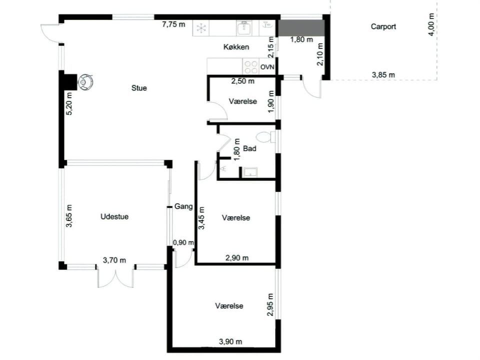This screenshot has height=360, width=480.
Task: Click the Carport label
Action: click(383, 26)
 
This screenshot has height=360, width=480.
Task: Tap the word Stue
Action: click(139, 88)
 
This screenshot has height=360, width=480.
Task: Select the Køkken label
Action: click(236, 47)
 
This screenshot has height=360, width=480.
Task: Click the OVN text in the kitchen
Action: click(267, 66)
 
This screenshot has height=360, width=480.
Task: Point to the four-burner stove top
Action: click(250, 66)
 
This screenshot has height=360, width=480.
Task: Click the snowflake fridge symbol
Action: click(201, 28)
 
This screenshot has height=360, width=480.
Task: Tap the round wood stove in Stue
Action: click(85, 81)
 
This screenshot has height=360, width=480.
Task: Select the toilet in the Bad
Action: click(265, 137)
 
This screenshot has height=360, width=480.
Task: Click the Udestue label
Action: click(114, 216)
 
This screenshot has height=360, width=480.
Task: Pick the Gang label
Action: click(183, 206)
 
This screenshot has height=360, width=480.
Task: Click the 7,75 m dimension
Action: click(173, 24)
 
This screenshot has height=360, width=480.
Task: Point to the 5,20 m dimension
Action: click(69, 103)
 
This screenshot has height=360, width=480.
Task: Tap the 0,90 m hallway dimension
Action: click(183, 242)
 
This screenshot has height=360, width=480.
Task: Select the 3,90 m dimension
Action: click(230, 341)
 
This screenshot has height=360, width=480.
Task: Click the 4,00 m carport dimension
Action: click(431, 24)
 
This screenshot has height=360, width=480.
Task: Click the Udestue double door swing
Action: click(115, 276)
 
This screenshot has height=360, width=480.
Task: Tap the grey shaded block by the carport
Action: click(301, 28)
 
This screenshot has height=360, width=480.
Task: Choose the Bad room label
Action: click(249, 148)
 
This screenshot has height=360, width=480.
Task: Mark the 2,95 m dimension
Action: click(270, 304)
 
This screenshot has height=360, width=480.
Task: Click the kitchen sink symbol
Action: click(244, 28)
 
